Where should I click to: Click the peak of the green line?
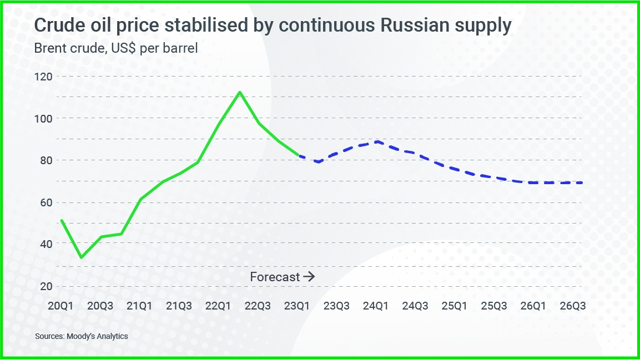pyautogui.click(x=239, y=92)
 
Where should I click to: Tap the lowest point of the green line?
pyautogui.click(x=82, y=257)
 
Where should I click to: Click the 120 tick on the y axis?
pyautogui.click(x=46, y=77)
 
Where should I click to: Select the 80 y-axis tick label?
pyautogui.click(x=46, y=160)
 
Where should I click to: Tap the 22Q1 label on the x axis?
pyautogui.click(x=218, y=306)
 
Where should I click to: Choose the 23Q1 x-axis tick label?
pyautogui.click(x=297, y=306)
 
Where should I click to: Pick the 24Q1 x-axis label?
pyautogui.click(x=376, y=306)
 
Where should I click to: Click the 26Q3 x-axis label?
pyautogui.click(x=572, y=306)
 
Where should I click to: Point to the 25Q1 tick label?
pyautogui.click(x=455, y=306)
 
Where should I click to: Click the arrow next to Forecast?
pyautogui.click(x=309, y=276)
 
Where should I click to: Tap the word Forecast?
pyautogui.click(x=275, y=276)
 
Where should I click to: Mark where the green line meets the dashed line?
pyautogui.click(x=299, y=155)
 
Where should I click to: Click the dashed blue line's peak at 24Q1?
pyautogui.click(x=377, y=141)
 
